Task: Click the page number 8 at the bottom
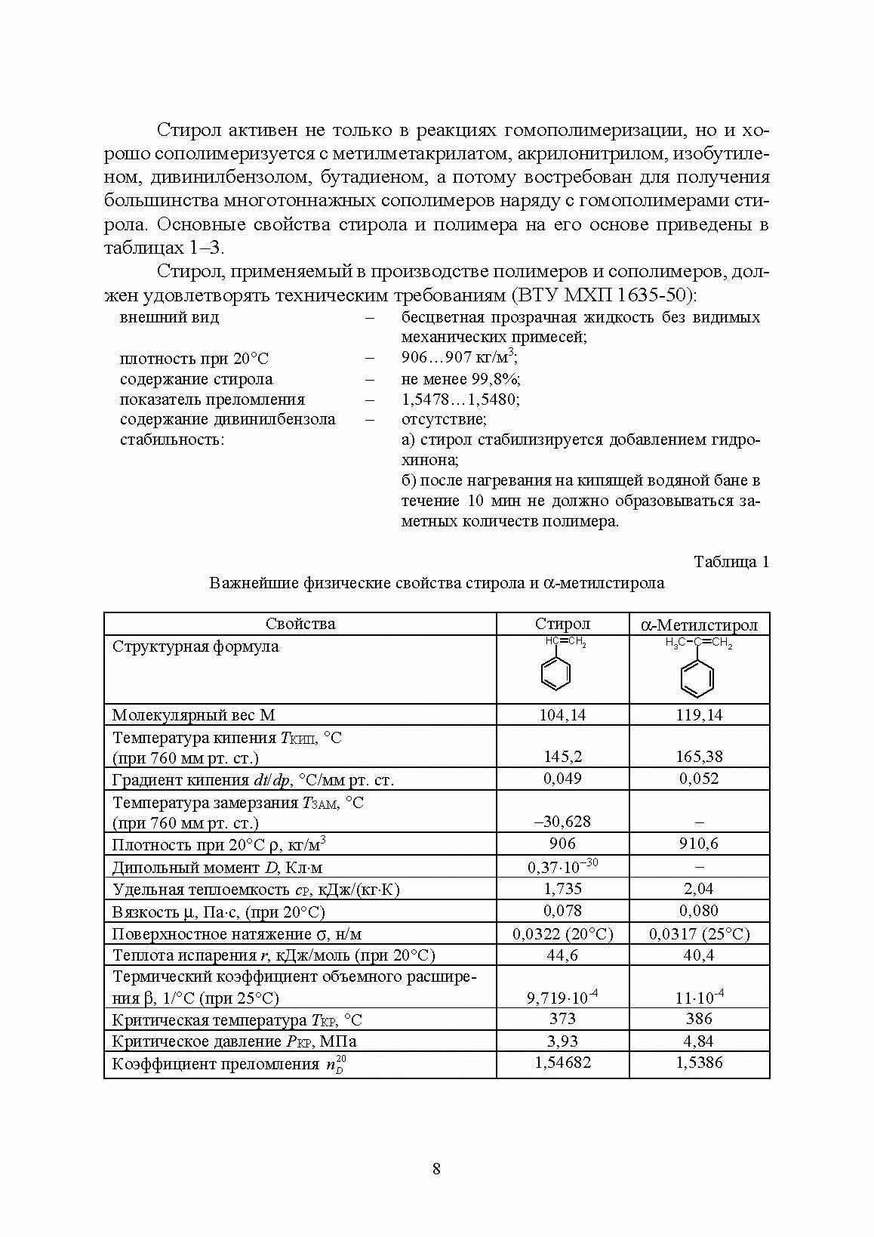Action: pyautogui.click(x=436, y=1169)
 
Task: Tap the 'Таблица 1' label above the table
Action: pyautogui.click(x=731, y=562)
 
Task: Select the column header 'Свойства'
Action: pyautogui.click(x=300, y=624)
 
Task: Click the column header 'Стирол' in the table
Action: pyautogui.click(x=562, y=624)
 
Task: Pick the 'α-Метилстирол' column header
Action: pyautogui.click(x=699, y=625)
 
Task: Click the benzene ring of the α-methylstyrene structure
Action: pyautogui.click(x=696, y=677)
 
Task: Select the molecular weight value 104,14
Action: pyautogui.click(x=562, y=714)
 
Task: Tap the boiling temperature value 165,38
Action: pyautogui.click(x=699, y=756)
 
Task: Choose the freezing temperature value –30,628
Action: pyautogui.click(x=562, y=821)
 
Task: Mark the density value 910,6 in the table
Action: pyautogui.click(x=699, y=844)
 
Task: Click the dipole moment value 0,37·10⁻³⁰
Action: pyautogui.click(x=562, y=866)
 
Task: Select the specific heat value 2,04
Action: pyautogui.click(x=699, y=889)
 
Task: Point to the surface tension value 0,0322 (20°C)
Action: pyautogui.click(x=562, y=934)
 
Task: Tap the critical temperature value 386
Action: pyautogui.click(x=699, y=1019)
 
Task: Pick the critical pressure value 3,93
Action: pyautogui.click(x=562, y=1041)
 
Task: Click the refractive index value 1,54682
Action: pyautogui.click(x=562, y=1063)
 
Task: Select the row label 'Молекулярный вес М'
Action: pyautogui.click(x=193, y=714)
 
